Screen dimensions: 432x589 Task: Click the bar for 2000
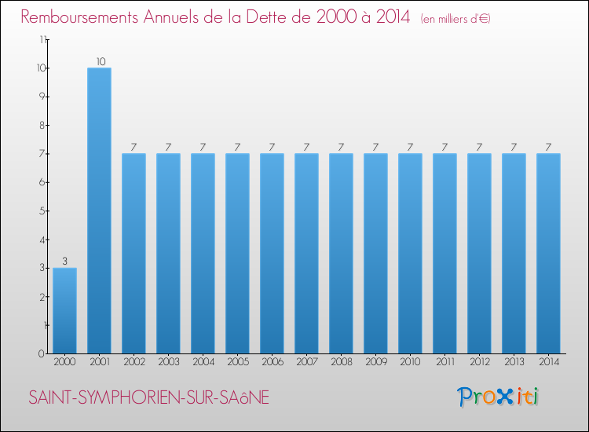pyautogui.click(x=64, y=310)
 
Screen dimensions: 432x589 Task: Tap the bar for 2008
pyautogui.click(x=341, y=253)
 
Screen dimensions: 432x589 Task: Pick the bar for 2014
pyautogui.click(x=548, y=253)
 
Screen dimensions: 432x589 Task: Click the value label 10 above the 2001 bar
pyautogui.click(x=99, y=61)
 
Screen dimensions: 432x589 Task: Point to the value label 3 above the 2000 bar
pyautogui.click(x=64, y=262)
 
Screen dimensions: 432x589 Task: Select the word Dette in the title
pyautogui.click(x=286, y=17)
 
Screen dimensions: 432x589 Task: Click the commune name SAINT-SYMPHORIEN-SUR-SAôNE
pyautogui.click(x=149, y=398)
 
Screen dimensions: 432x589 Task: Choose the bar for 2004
pyautogui.click(x=203, y=253)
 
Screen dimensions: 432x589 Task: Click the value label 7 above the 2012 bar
pyautogui.click(x=479, y=147)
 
